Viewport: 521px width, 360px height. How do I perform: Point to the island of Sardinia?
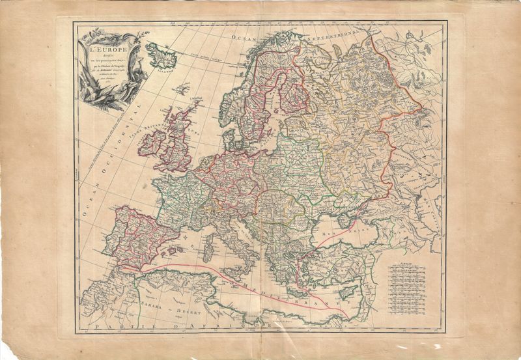[x=210, y=246]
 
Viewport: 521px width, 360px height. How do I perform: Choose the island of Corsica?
[x=213, y=228]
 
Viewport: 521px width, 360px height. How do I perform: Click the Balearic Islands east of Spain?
[x=171, y=249]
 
